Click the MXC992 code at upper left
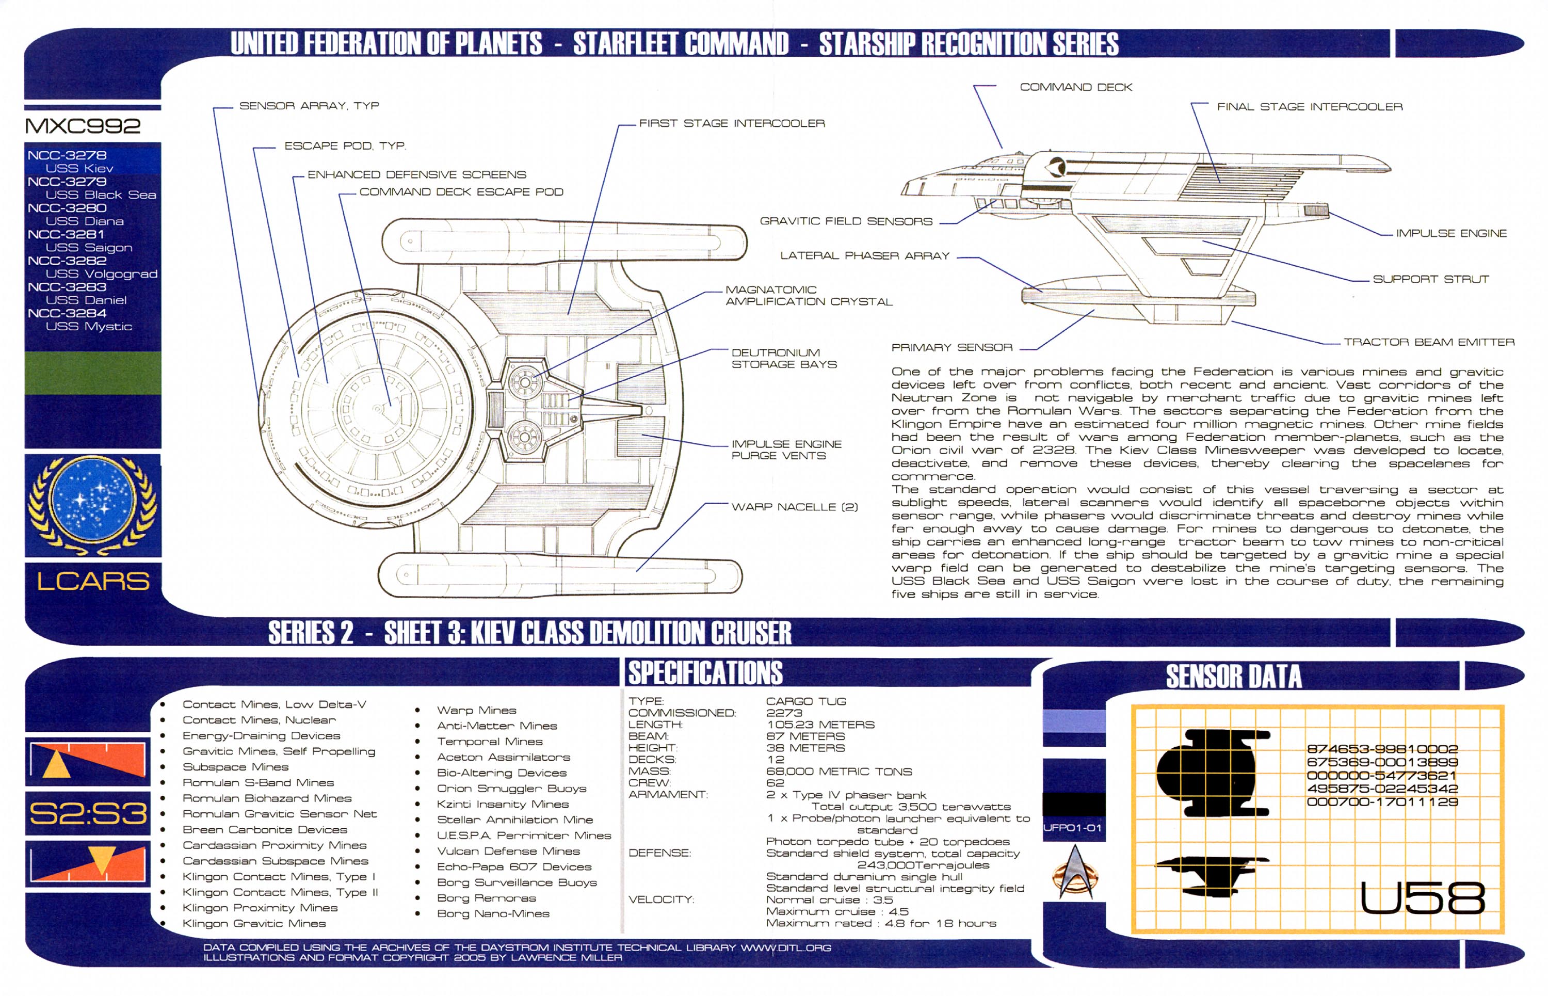pyautogui.click(x=82, y=125)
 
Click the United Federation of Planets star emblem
pyautogui.click(x=92, y=505)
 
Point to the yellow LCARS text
pyautogui.click(x=92, y=582)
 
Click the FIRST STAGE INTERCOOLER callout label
pyautogui.click(x=731, y=123)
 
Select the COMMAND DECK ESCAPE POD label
pyautogui.click(x=461, y=191)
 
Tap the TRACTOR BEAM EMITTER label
pyautogui.click(x=1428, y=342)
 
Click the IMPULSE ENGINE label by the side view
pyautogui.click(x=1450, y=233)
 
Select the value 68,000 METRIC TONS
pyautogui.click(x=838, y=772)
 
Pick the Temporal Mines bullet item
pyautogui.click(x=490, y=741)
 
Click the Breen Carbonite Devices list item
pyautogui.click(x=265, y=829)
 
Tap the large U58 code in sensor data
pyautogui.click(x=1422, y=898)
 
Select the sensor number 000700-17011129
pyautogui.click(x=1382, y=802)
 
